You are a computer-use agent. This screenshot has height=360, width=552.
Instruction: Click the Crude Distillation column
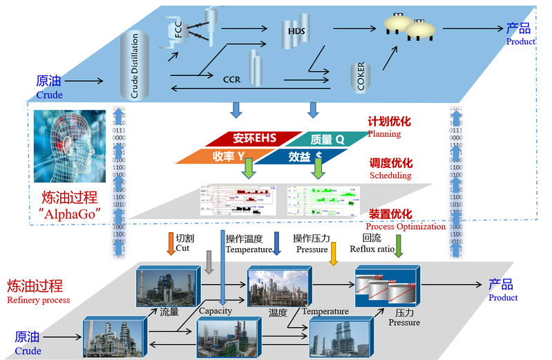(x=135, y=66)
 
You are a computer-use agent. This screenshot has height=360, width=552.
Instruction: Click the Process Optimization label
(x=406, y=227)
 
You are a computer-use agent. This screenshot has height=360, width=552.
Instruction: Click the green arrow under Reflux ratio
(x=398, y=247)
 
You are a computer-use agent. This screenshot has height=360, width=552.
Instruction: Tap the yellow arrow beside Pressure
(x=333, y=254)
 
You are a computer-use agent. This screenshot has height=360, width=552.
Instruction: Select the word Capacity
(x=215, y=311)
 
